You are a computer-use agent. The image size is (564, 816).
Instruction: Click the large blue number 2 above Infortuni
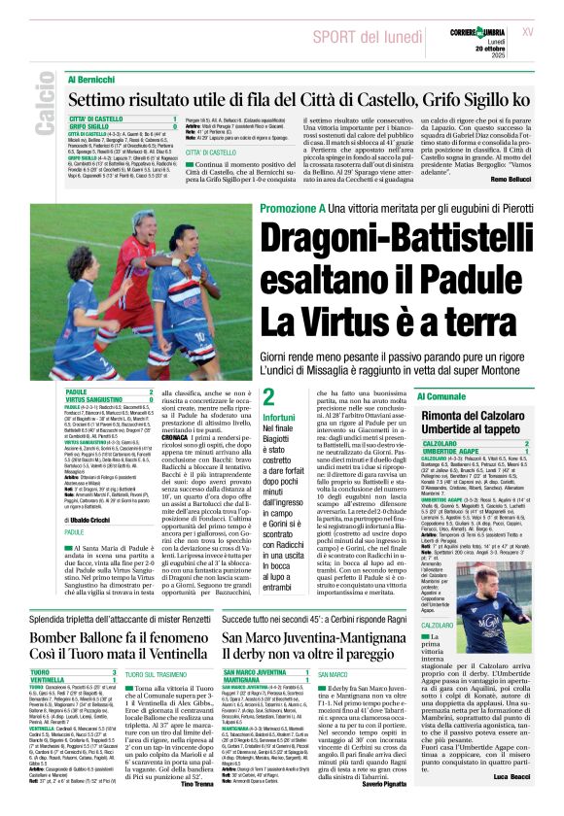(241, 395)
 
